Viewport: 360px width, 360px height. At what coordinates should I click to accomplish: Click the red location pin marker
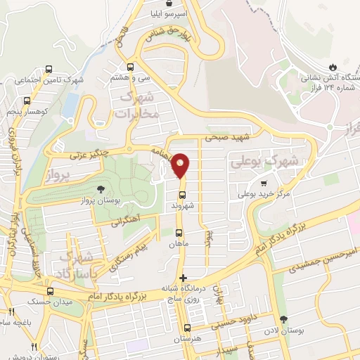coord(181,165)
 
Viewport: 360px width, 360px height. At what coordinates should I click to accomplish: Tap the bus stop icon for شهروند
coord(182,195)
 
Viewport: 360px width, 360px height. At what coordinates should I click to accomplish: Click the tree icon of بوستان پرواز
coord(102,188)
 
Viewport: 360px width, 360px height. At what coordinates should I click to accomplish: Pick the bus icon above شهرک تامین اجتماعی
coord(49,69)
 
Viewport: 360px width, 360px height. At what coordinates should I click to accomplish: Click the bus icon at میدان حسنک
coord(49,290)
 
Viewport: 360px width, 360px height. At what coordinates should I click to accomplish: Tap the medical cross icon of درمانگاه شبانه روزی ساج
coord(184,278)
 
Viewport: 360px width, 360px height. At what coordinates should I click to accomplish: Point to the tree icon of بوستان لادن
coord(283,320)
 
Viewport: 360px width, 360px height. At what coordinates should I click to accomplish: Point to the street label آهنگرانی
coord(126,221)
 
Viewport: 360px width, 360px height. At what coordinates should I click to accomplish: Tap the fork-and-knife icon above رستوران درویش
coord(33,347)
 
